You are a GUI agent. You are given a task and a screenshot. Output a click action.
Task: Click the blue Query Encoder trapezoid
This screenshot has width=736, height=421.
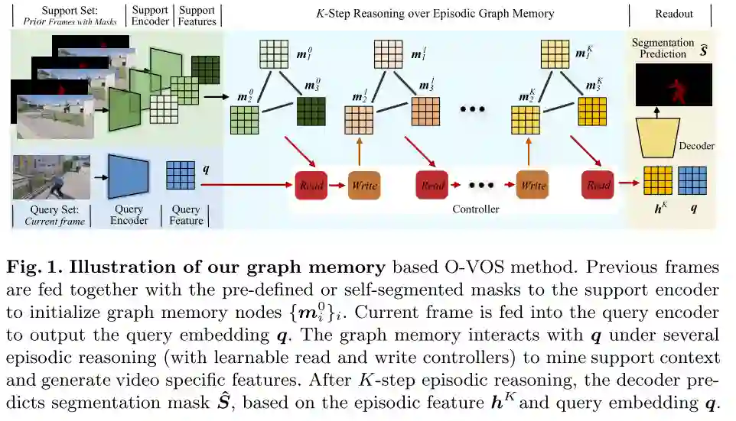(x=128, y=175)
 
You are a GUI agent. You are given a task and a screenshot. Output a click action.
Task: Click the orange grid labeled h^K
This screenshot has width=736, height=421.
(x=656, y=181)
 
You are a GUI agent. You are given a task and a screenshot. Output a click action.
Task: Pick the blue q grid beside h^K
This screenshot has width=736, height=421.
(x=692, y=181)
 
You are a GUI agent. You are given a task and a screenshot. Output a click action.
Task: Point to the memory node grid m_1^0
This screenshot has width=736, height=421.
(x=274, y=54)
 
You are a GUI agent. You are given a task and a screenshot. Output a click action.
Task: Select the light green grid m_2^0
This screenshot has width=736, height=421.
(x=244, y=119)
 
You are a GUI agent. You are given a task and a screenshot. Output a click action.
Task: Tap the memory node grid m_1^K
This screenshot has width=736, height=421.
(x=555, y=53)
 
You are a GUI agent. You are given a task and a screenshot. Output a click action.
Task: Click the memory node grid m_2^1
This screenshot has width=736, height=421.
(x=359, y=120)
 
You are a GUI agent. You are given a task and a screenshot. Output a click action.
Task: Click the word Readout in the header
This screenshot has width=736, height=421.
(x=674, y=14)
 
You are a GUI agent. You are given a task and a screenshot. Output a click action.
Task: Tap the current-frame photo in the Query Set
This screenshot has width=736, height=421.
(x=52, y=176)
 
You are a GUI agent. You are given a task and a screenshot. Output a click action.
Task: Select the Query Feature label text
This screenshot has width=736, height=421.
(x=186, y=215)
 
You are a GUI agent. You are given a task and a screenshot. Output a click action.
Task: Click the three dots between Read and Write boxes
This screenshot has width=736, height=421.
(x=481, y=186)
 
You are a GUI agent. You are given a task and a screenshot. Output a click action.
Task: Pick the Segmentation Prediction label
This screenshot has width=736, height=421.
(x=663, y=48)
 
